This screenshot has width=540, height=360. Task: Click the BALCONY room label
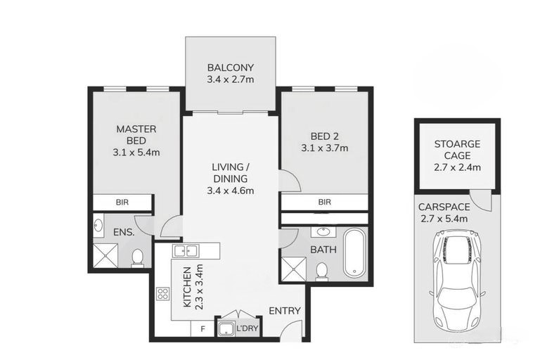[x=231, y=67]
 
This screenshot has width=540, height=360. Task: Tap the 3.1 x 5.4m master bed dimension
[x=136, y=153]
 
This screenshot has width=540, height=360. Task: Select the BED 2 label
[x=324, y=136]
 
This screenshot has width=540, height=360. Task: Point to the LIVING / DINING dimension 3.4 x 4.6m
[x=231, y=191]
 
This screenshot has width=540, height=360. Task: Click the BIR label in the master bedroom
[x=122, y=202]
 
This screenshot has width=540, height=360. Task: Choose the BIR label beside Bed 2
[x=324, y=202]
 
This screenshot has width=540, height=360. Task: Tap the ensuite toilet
[x=137, y=257]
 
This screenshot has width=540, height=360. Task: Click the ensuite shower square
[x=105, y=255]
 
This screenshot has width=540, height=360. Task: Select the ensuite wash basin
[x=98, y=226]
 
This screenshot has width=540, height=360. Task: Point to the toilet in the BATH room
[x=322, y=270]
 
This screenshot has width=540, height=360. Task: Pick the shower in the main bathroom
[x=294, y=269]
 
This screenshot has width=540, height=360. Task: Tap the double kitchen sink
[x=186, y=251]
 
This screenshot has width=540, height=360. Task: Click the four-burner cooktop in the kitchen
[x=163, y=294]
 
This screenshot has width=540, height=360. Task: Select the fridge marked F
[x=202, y=329]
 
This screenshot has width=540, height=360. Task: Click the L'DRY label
[x=247, y=328]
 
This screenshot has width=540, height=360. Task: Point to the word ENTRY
[x=285, y=311]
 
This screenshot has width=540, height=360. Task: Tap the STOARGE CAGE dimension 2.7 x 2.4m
[x=457, y=167]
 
